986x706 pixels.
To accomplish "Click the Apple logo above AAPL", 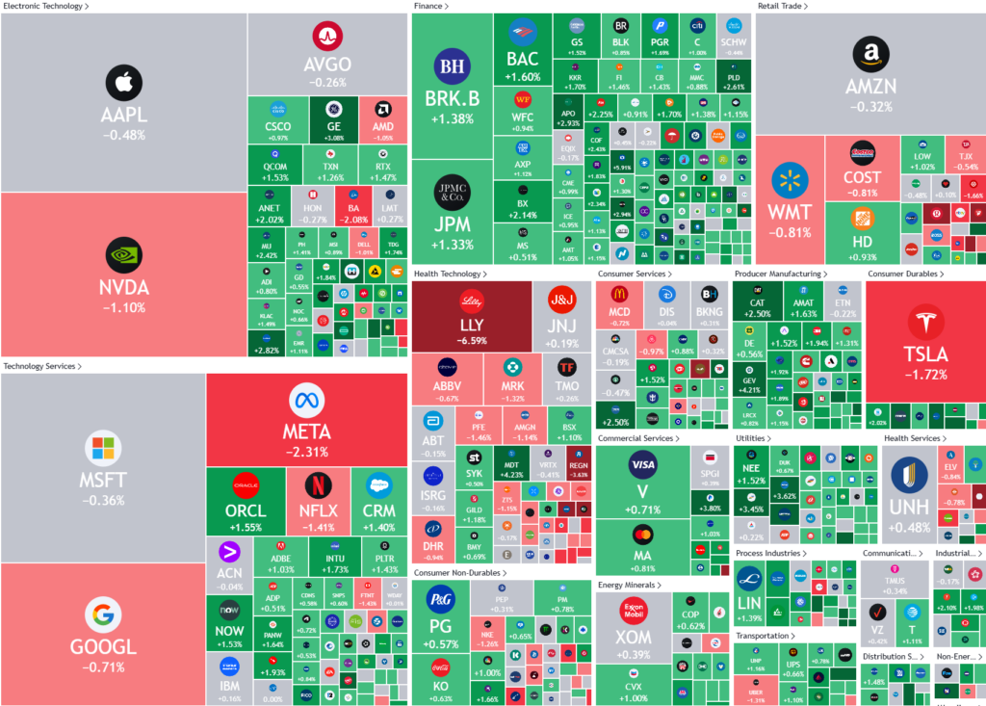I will [123, 84].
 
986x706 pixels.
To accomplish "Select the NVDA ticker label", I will [123, 287].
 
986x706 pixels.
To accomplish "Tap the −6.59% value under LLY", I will [472, 340].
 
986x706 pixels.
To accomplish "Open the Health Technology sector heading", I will [449, 275].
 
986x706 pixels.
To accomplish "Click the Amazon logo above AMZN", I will [870, 56].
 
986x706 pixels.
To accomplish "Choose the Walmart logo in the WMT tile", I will [790, 180].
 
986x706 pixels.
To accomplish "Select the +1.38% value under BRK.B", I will [450, 118].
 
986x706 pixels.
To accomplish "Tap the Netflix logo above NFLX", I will [318, 484].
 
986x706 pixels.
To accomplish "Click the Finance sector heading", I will [430, 6].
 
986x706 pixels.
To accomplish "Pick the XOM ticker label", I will [633, 638].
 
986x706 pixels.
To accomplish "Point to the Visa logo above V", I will [642, 466].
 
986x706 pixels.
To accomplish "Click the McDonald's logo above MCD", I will [619, 294].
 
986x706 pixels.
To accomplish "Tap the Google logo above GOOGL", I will [102, 614].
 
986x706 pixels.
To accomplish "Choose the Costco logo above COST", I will [862, 153].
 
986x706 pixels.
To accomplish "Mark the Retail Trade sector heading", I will [782, 6].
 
